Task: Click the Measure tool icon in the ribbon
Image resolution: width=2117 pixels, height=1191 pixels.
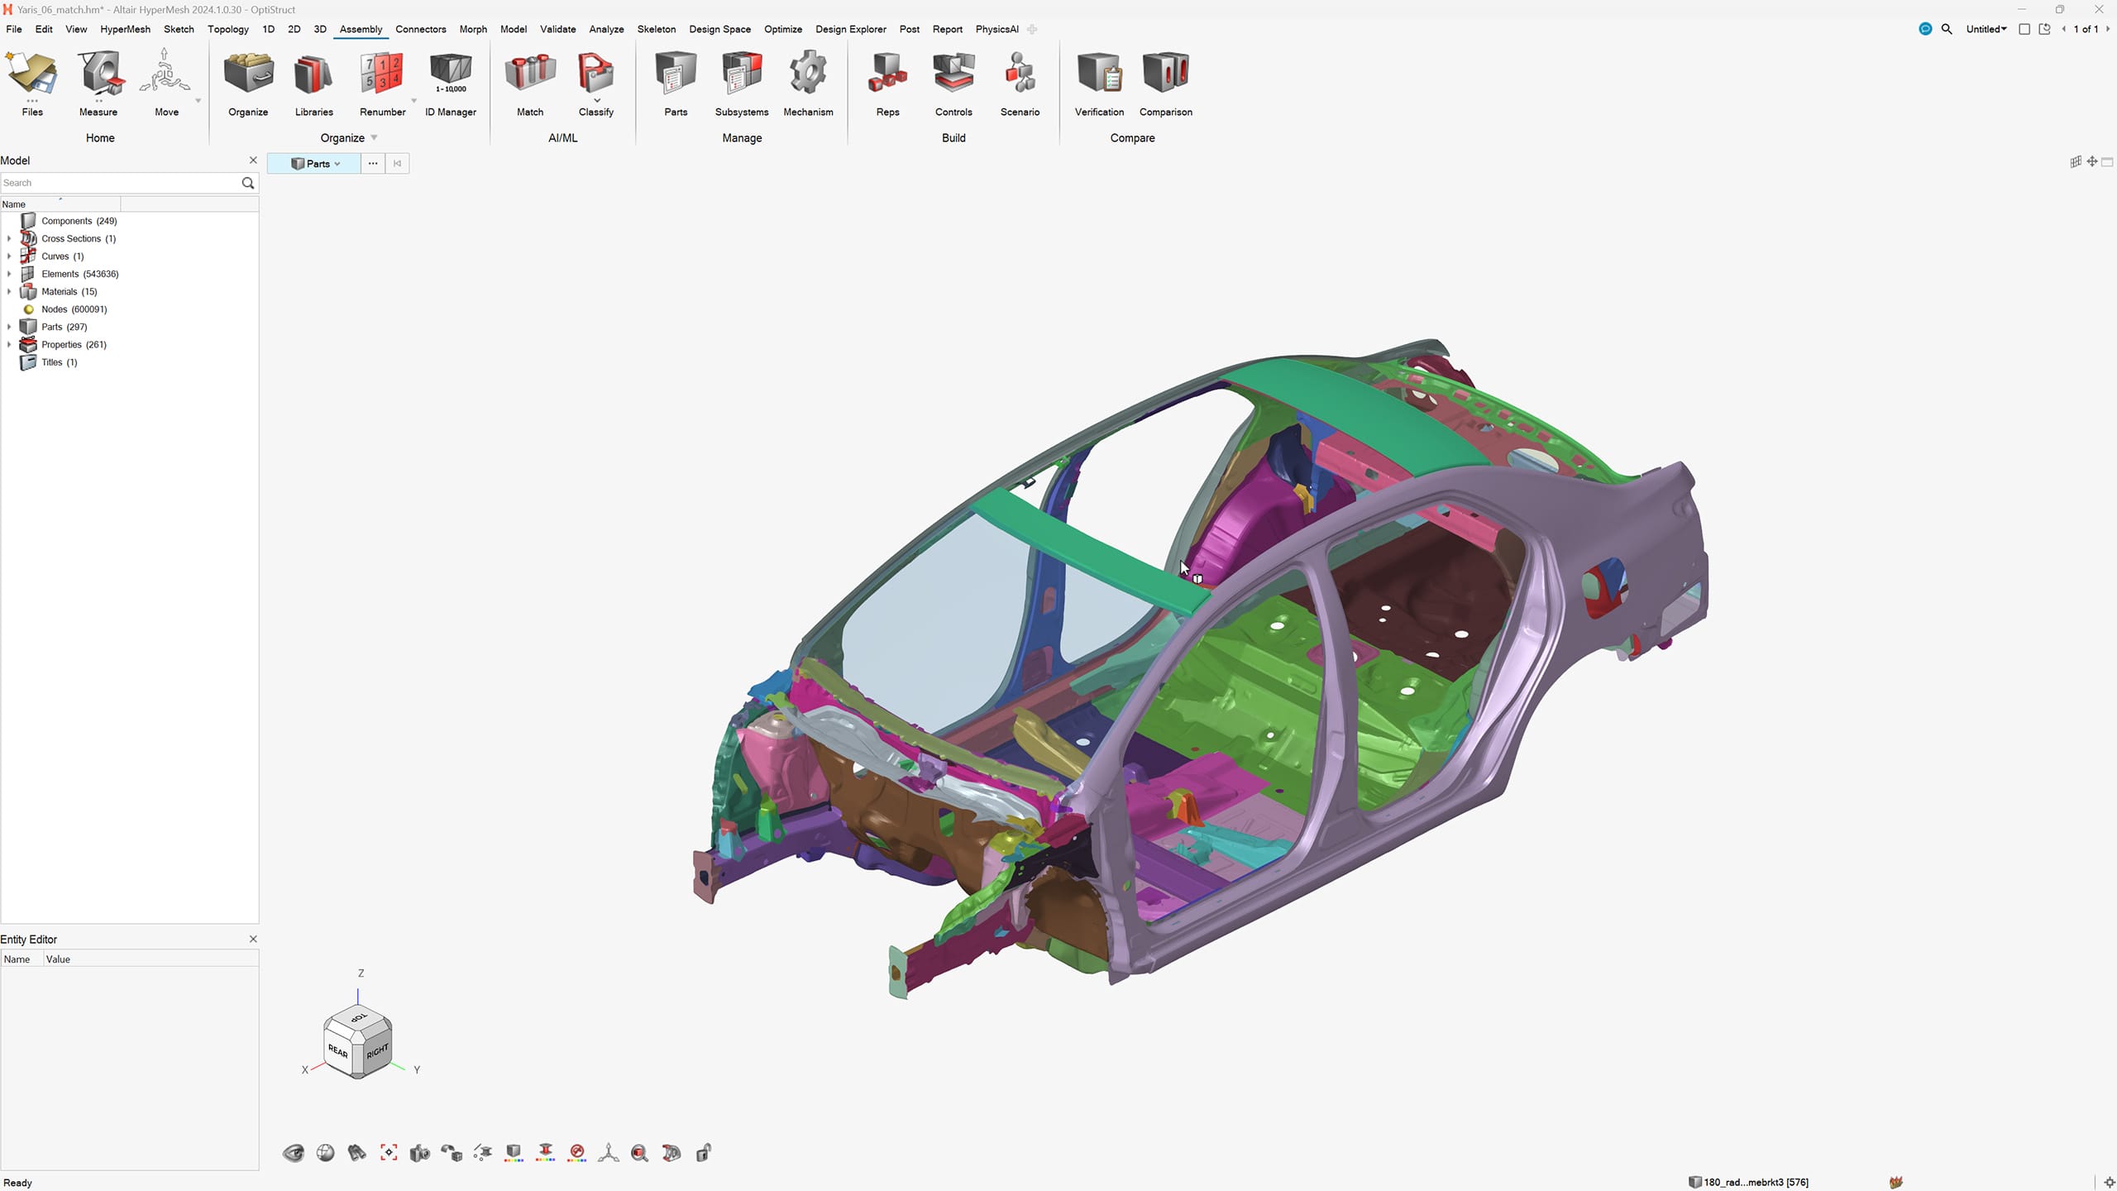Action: pos(98,74)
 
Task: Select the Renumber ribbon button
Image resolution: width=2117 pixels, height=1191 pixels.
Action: pos(382,74)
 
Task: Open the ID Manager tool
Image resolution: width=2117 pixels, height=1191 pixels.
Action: pos(451,74)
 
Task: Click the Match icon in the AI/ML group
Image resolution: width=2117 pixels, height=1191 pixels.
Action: pos(530,74)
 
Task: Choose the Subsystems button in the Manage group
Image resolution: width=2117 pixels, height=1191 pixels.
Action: pos(742,74)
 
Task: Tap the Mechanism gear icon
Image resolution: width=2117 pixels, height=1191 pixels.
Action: pos(808,74)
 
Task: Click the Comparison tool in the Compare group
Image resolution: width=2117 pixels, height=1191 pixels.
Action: pos(1165,74)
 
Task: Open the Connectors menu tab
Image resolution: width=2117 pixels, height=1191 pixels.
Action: pos(420,29)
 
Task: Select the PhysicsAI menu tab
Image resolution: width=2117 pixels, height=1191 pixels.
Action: pos(996,29)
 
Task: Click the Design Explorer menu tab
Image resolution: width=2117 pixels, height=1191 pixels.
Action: pos(850,29)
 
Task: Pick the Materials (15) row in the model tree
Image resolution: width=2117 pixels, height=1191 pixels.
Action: pos(69,291)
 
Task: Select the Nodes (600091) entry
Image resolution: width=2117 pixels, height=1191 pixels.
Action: pos(74,309)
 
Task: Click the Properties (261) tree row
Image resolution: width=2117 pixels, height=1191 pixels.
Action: pos(74,344)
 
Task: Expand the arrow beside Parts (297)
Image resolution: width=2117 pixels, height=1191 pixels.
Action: pos(9,327)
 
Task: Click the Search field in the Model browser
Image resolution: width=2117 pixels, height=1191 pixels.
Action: pos(120,183)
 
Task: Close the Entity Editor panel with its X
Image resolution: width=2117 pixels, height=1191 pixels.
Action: pos(253,939)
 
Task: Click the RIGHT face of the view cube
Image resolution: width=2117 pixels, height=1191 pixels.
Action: pos(376,1051)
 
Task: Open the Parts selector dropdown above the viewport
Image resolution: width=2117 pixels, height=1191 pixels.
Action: pos(315,164)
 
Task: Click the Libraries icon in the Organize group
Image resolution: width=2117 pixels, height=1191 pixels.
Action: pos(313,74)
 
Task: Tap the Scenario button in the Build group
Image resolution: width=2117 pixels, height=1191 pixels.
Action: pos(1020,74)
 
